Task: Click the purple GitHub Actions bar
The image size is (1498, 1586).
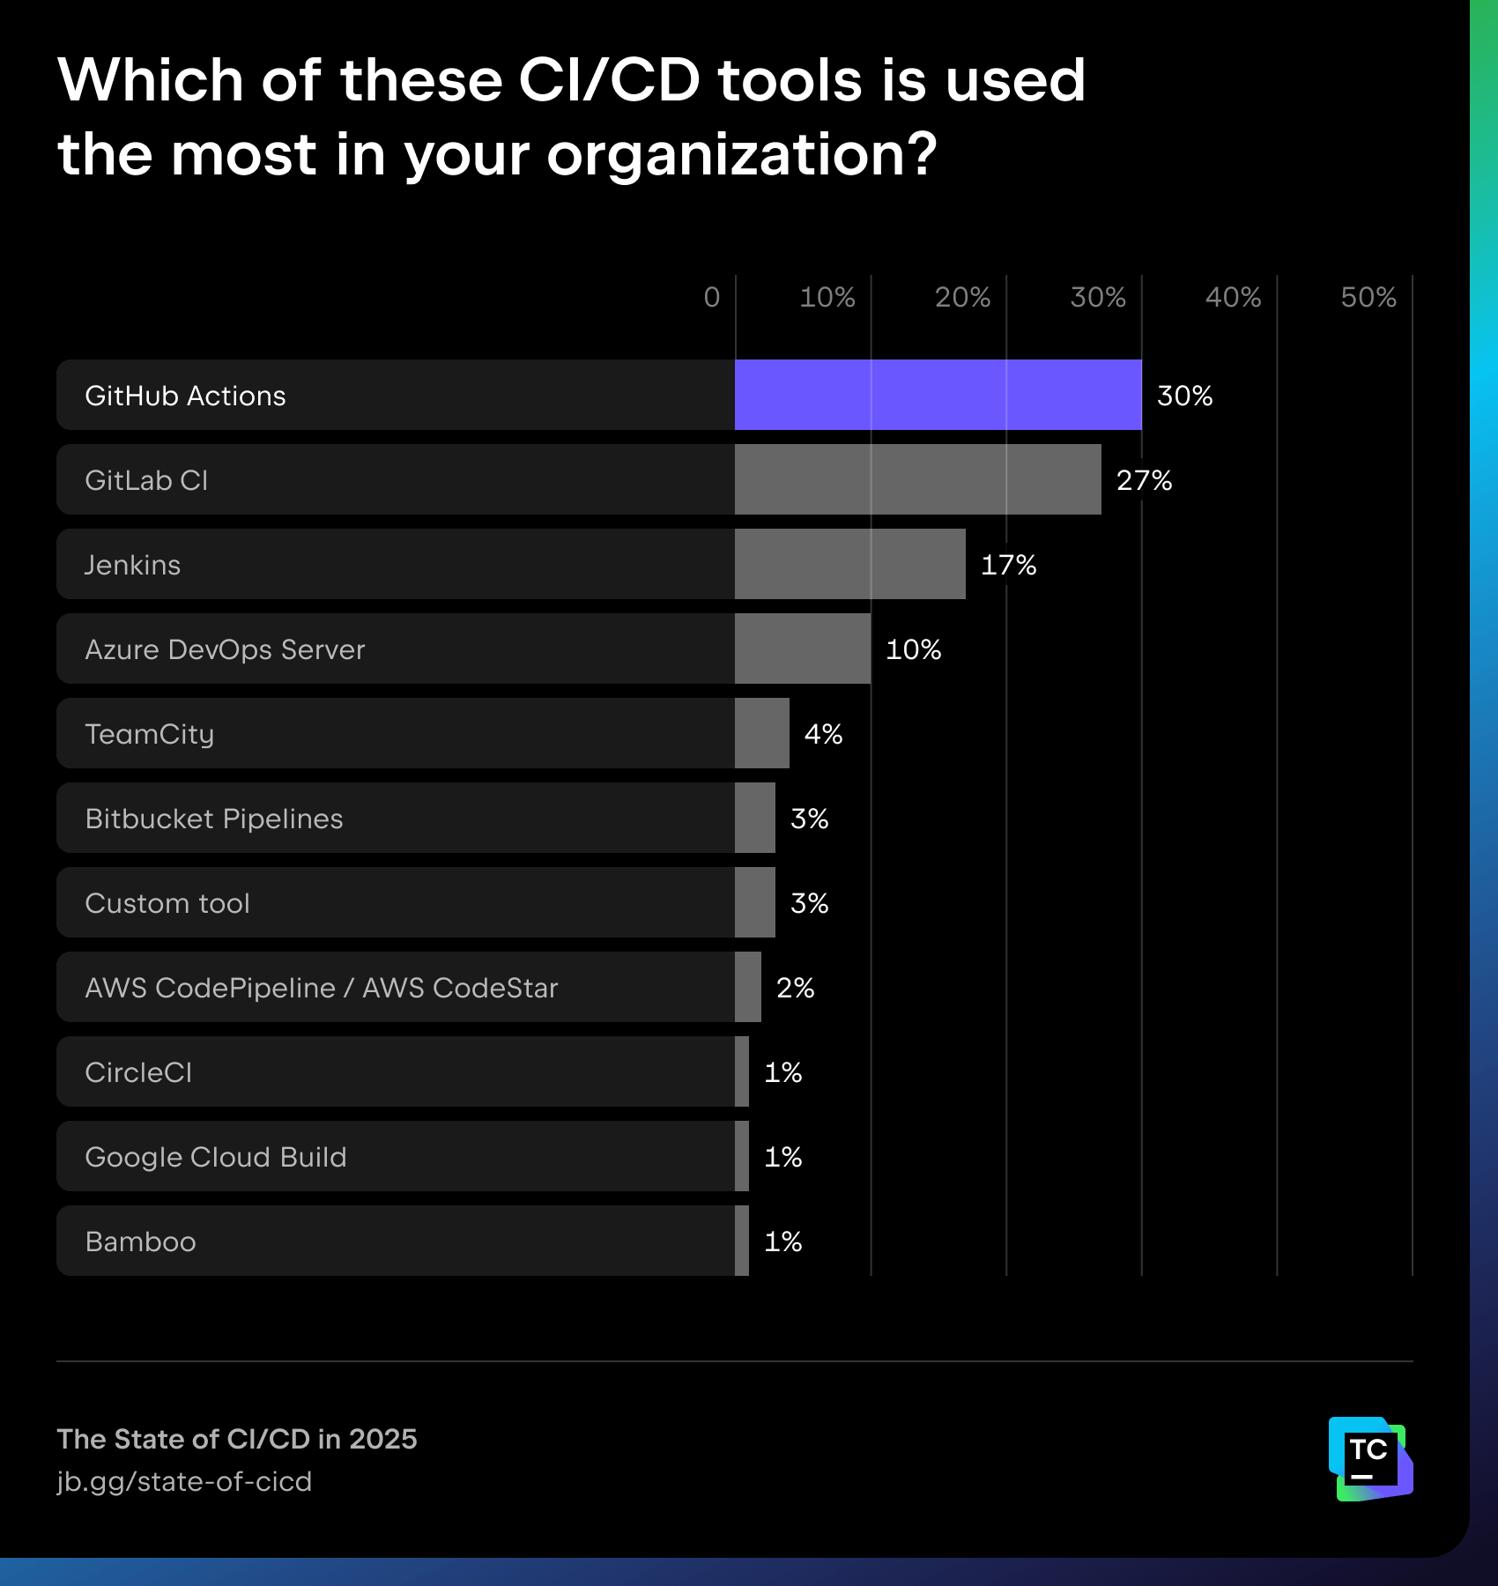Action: tap(938, 395)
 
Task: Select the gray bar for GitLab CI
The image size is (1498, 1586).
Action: tap(917, 479)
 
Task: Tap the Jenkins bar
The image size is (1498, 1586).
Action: tap(849, 564)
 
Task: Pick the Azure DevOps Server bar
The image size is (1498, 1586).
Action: tap(802, 648)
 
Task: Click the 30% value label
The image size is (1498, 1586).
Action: tap(1184, 396)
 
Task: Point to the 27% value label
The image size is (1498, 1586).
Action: tap(1144, 480)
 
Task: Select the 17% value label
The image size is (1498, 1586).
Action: tap(1008, 565)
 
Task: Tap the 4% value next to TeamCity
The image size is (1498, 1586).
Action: tap(823, 734)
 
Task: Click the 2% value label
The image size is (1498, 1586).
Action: tap(795, 988)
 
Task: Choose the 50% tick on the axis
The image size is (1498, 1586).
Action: tap(1368, 298)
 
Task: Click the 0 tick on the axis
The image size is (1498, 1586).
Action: tap(712, 298)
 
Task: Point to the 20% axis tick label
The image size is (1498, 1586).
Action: tap(962, 298)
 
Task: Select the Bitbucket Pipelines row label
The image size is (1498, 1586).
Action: tap(214, 819)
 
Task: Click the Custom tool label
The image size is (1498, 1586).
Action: tap(167, 903)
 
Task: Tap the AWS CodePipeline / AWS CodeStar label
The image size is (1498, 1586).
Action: tap(322, 988)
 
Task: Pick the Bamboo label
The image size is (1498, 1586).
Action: tap(140, 1241)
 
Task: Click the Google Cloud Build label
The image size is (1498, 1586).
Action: tap(216, 1157)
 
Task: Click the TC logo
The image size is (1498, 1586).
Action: tap(1370, 1458)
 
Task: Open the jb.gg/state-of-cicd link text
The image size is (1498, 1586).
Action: tap(184, 1481)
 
